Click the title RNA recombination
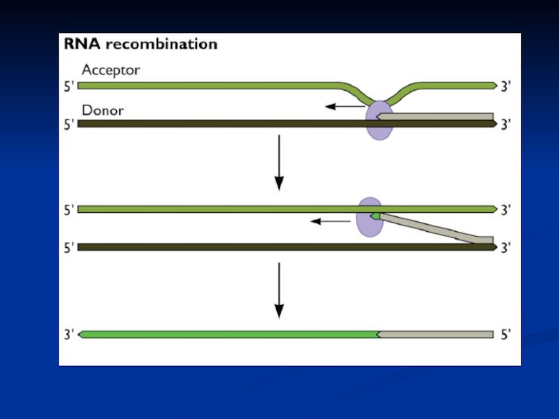click(x=141, y=45)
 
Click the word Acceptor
click(x=110, y=70)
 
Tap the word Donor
click(x=103, y=110)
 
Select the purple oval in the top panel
click(x=379, y=120)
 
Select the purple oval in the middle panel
click(x=369, y=217)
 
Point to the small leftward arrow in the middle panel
click(x=331, y=221)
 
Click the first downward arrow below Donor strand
click(x=279, y=162)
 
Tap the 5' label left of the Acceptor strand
click(x=68, y=86)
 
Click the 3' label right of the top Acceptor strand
click(x=506, y=86)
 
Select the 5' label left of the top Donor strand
click(x=68, y=125)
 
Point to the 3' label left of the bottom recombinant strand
click(x=68, y=335)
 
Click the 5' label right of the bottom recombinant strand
click(x=506, y=335)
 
